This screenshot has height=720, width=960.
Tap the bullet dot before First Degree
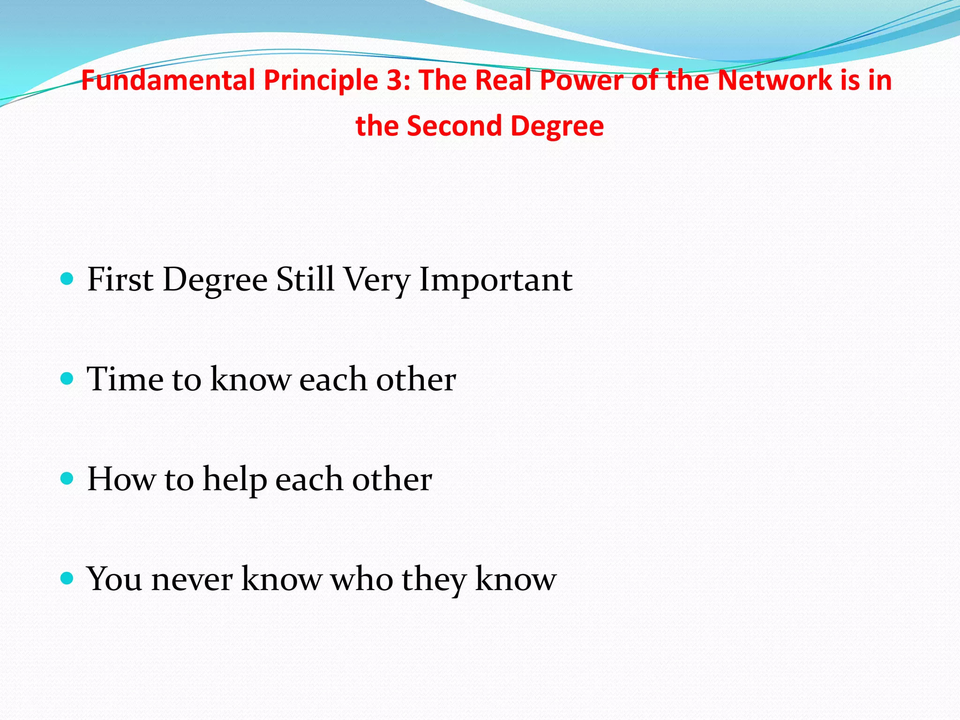click(x=67, y=279)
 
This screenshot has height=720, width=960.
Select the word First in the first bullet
click(x=120, y=279)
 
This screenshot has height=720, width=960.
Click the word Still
click(x=305, y=279)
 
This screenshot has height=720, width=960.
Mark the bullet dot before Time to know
click(x=67, y=379)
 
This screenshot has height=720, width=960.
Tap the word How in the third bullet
click(x=121, y=479)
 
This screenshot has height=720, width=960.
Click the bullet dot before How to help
click(x=67, y=479)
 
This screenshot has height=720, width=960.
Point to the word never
click(x=192, y=579)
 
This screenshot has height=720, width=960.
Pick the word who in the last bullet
click(x=362, y=579)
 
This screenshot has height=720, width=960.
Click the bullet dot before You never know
click(x=67, y=578)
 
